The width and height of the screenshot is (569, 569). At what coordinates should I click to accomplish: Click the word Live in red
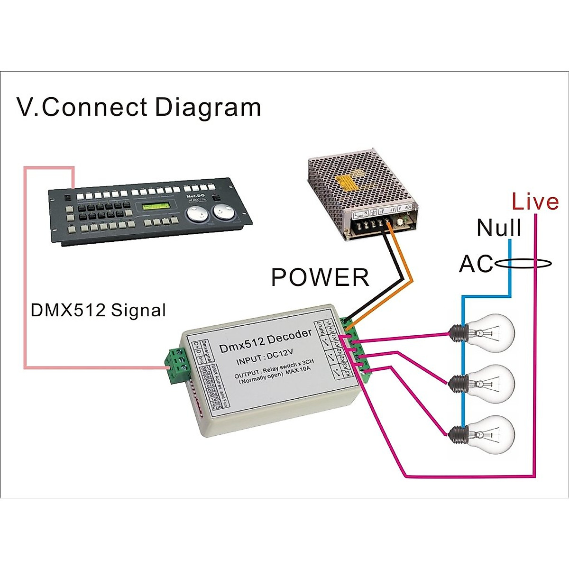click(535, 202)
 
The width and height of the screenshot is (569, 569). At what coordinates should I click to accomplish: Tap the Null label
click(499, 228)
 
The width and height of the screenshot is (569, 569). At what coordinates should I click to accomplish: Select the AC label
click(476, 264)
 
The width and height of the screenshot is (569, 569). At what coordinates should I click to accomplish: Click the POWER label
click(320, 277)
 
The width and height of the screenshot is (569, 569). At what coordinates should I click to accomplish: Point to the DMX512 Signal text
click(98, 310)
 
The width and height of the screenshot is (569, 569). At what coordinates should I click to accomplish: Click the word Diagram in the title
click(208, 107)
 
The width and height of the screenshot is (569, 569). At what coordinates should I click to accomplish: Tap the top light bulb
click(488, 330)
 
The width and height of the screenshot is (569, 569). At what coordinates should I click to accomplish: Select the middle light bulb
click(488, 382)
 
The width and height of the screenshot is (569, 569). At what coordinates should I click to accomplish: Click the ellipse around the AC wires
click(522, 263)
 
